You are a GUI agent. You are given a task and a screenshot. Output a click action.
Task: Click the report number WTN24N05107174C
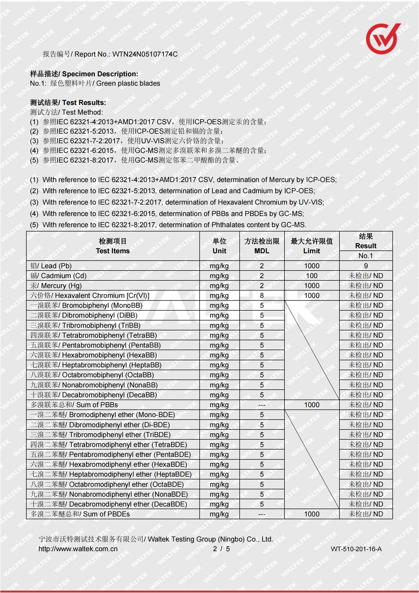[145, 54]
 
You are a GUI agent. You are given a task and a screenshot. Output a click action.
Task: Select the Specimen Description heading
[84, 74]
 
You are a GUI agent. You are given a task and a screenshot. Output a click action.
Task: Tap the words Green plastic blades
[128, 83]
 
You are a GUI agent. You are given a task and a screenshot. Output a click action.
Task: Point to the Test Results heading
[68, 103]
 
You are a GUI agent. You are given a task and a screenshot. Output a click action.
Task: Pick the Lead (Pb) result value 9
[366, 266]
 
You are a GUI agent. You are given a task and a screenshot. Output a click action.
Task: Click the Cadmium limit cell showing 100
[311, 276]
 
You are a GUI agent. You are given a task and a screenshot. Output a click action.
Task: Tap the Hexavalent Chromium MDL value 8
[262, 295]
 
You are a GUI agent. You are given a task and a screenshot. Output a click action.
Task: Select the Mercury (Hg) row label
[56, 286]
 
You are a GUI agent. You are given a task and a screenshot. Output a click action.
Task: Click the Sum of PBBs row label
[74, 405]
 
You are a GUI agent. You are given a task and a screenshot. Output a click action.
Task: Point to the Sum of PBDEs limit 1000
[311, 514]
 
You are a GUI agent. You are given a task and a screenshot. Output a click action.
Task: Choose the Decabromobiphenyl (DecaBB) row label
[94, 395]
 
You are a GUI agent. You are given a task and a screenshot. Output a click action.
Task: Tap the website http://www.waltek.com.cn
[78, 549]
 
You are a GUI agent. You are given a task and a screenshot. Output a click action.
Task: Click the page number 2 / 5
[221, 549]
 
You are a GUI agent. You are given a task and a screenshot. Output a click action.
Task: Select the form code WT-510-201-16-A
[356, 549]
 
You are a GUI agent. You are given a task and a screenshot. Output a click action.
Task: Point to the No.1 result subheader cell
[366, 256]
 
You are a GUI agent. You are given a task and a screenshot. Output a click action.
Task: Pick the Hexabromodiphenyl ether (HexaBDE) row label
[109, 464]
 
